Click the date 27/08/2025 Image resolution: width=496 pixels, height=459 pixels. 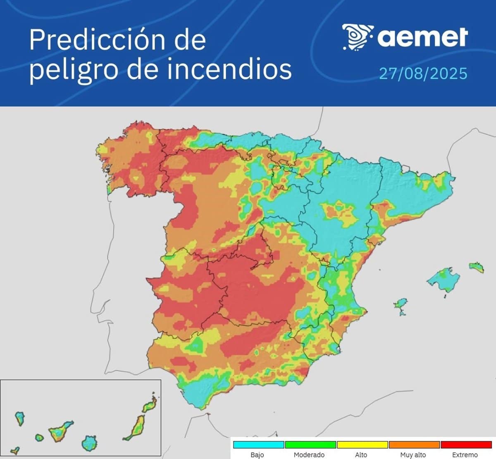423,74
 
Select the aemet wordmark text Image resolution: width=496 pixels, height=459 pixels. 422,37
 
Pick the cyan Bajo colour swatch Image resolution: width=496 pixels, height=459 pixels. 259,445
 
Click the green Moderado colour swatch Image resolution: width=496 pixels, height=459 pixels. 310,445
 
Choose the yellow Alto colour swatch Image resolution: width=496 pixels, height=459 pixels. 362,445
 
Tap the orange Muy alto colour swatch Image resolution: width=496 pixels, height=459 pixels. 414,445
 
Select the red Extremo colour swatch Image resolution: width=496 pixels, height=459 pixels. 465,445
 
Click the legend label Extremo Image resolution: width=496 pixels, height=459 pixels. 465,454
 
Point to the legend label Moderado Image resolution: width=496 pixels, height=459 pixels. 309,454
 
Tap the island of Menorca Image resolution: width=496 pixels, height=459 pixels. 477,267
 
